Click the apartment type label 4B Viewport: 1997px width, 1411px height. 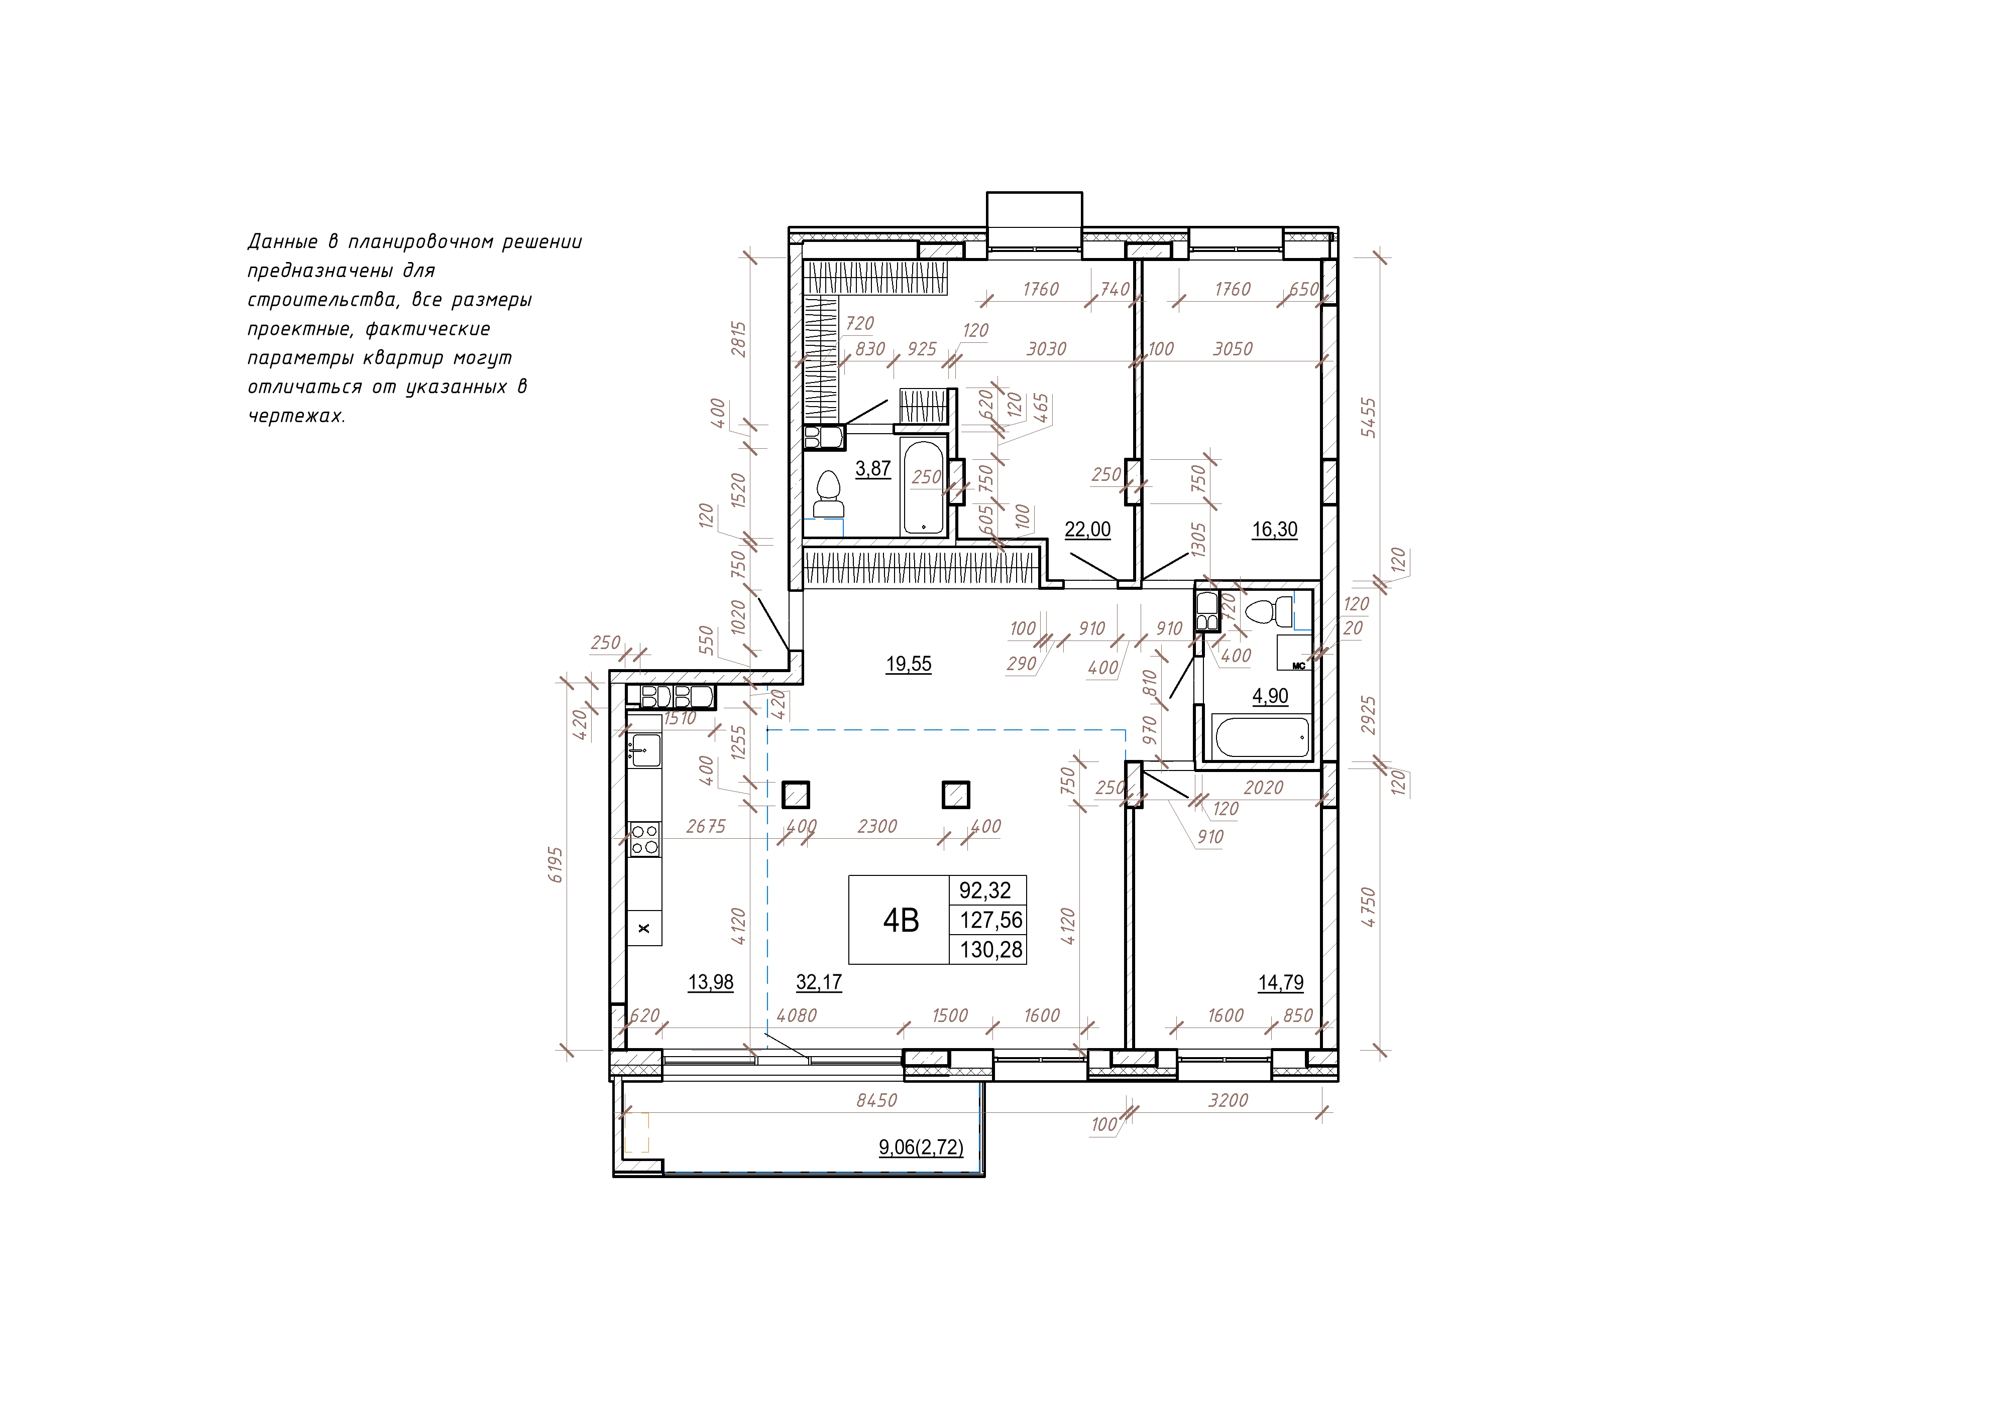coord(901,920)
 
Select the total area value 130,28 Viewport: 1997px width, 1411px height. coord(990,949)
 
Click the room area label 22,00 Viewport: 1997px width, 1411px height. coord(1087,530)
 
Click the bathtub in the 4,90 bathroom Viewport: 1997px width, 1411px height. coord(1260,738)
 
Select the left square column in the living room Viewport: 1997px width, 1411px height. coord(796,795)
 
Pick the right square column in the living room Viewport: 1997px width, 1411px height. coord(956,795)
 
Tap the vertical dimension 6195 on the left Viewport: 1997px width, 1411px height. coord(556,865)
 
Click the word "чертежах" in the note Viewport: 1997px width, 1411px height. coord(296,416)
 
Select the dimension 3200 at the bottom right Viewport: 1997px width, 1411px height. coord(1228,1101)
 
